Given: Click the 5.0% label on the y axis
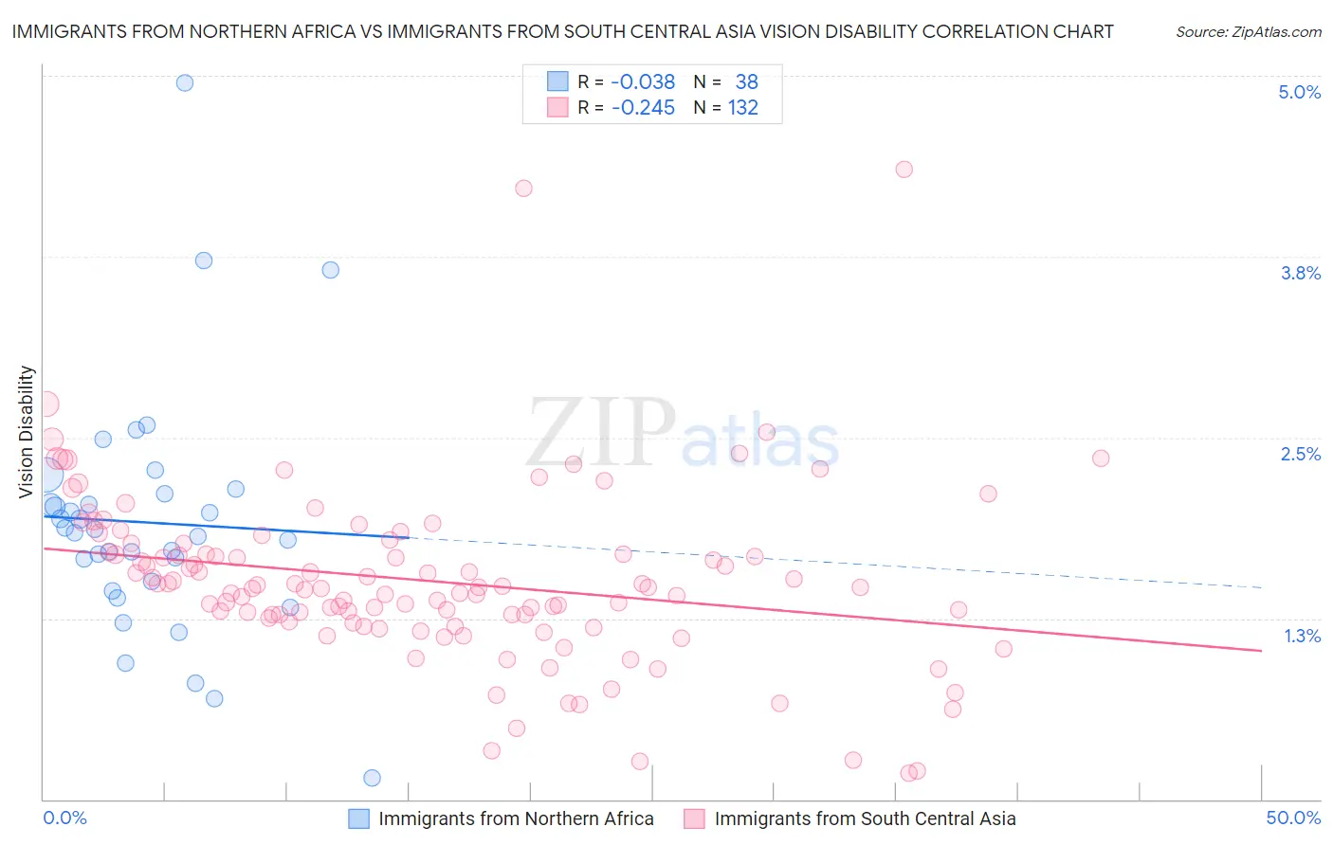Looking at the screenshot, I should pyautogui.click(x=1299, y=92).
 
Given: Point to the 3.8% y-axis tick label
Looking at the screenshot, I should pyautogui.click(x=1300, y=273).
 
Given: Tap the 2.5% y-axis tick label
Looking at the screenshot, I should pyautogui.click(x=1300, y=454).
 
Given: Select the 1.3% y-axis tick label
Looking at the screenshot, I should pyautogui.click(x=1302, y=636).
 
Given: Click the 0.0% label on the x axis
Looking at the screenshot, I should pyautogui.click(x=65, y=818).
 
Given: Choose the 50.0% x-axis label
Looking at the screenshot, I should pyautogui.click(x=1293, y=818).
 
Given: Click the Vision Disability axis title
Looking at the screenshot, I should pyautogui.click(x=27, y=431).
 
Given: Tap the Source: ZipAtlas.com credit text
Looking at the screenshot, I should pyautogui.click(x=1248, y=32).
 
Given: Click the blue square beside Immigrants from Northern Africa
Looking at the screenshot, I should pyautogui.click(x=358, y=818).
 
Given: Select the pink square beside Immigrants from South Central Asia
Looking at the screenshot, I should pyautogui.click(x=694, y=818).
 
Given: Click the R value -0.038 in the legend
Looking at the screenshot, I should pyautogui.click(x=643, y=81).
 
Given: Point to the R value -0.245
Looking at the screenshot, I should pyautogui.click(x=643, y=108).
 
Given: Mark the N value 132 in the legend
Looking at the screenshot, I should pyautogui.click(x=743, y=108).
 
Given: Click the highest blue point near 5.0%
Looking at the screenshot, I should pyautogui.click(x=185, y=82).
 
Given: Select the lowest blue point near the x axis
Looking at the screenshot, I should pyautogui.click(x=373, y=778).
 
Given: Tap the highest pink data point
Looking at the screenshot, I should pyautogui.click(x=904, y=170).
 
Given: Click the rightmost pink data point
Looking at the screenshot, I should pyautogui.click(x=1101, y=458).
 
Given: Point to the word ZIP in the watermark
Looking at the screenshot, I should pyautogui.click(x=600, y=432).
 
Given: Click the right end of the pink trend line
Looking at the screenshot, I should pyautogui.click(x=1261, y=651).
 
